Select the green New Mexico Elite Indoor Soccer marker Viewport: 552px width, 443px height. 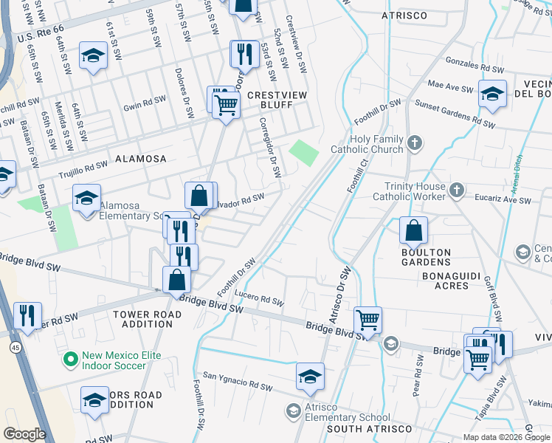pyautogui.click(x=70, y=360)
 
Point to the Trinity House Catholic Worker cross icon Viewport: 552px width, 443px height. pyautogui.click(x=457, y=190)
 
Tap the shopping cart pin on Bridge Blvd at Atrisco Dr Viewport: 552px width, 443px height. pyautogui.click(x=368, y=320)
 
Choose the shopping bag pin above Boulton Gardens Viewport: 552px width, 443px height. pyautogui.click(x=414, y=230)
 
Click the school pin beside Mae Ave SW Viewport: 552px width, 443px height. pyautogui.click(x=492, y=93)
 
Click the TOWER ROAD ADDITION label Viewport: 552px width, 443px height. pyautogui.click(x=142, y=319)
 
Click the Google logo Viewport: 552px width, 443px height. pyautogui.click(x=24, y=434)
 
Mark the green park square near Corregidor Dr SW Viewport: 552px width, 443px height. pyautogui.click(x=304, y=153)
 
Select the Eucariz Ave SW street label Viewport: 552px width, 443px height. pyautogui.click(x=503, y=200)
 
